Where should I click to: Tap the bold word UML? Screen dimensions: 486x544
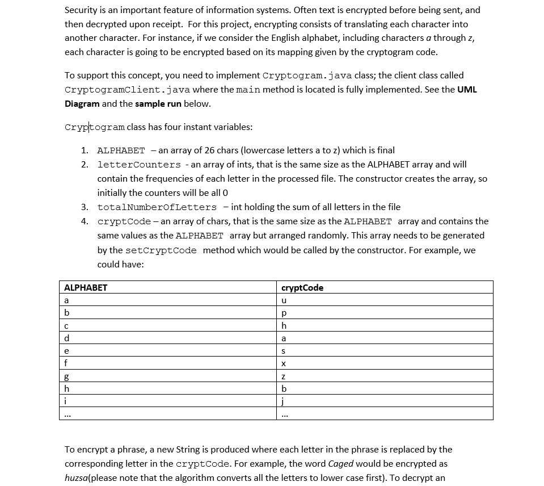point(467,90)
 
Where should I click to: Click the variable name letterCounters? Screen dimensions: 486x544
point(139,165)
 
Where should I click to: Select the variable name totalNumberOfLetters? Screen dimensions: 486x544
point(157,207)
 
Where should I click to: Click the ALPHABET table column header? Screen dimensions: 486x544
point(86,288)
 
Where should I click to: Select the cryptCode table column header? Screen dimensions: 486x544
point(302,288)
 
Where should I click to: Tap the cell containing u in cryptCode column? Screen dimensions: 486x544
point(284,300)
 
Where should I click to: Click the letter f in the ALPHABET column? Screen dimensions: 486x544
point(66,363)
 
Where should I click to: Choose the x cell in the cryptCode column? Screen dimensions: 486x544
point(284,363)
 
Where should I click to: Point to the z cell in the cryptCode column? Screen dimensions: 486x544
point(284,376)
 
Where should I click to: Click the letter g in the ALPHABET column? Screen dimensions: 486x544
point(67,376)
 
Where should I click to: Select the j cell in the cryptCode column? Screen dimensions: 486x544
point(284,401)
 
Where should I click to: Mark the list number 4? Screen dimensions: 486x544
point(84,221)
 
